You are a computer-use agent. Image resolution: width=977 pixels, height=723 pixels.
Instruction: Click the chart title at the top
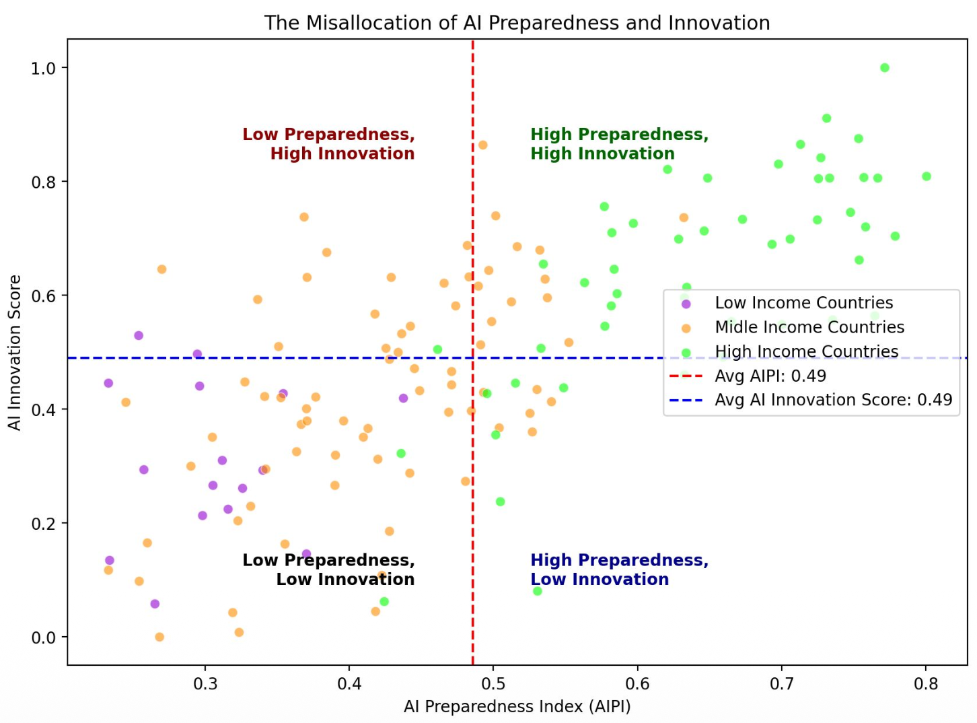pos(517,23)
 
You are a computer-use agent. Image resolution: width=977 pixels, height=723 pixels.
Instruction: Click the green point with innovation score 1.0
pos(884,68)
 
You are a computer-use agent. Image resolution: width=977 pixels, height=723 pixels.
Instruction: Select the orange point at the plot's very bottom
pos(159,637)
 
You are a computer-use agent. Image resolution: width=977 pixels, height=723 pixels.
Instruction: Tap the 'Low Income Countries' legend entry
pos(803,303)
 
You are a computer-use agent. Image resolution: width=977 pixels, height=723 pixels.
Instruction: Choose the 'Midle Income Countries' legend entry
pos(809,327)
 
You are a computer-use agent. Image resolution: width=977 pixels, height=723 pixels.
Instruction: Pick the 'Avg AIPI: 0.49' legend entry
pos(770,376)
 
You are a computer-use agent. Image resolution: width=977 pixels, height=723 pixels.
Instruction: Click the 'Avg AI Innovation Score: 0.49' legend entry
pos(833,400)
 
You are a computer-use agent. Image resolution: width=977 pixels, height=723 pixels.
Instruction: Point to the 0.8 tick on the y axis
pos(44,182)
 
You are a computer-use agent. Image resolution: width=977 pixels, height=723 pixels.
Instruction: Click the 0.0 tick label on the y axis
pos(44,638)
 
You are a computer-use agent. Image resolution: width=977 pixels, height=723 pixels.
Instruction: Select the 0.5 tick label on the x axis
pos(493,684)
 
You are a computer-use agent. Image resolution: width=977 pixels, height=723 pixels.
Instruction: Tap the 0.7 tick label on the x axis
pos(781,684)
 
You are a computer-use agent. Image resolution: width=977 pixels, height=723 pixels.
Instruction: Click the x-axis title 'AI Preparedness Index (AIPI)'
pos(517,706)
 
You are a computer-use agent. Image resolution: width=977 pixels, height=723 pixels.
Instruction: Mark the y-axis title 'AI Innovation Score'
pos(15,352)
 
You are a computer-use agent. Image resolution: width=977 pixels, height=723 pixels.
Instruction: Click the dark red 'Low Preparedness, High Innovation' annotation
pos(328,144)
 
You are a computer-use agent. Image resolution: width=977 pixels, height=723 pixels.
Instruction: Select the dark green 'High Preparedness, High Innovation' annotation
pos(619,144)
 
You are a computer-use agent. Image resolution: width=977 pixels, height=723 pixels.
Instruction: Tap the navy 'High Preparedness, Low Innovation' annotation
pos(619,570)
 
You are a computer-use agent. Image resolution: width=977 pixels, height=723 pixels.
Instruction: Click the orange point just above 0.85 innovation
pos(482,145)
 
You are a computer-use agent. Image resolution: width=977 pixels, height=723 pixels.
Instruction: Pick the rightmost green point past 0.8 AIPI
pos(926,176)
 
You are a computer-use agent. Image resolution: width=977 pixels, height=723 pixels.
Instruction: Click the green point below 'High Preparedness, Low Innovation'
pos(537,591)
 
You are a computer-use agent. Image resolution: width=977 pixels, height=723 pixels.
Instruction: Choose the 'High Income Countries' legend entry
pos(806,351)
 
